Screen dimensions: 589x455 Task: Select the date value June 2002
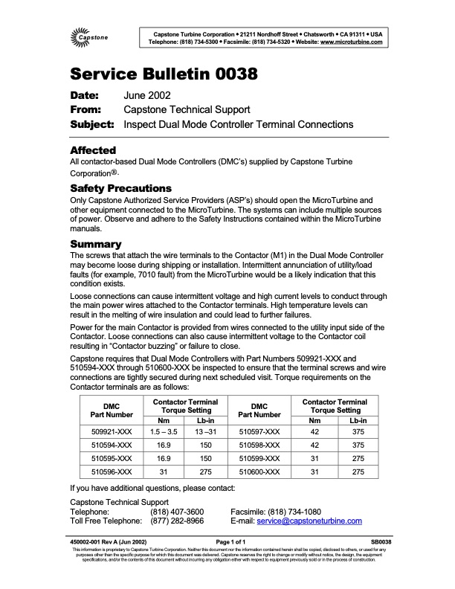pos(147,96)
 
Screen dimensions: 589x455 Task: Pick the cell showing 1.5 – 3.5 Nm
pos(164,431)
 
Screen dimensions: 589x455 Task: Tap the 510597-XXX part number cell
pos(259,431)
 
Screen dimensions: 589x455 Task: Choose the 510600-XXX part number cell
pos(259,471)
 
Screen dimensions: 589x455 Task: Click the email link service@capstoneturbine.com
pos(319,522)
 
